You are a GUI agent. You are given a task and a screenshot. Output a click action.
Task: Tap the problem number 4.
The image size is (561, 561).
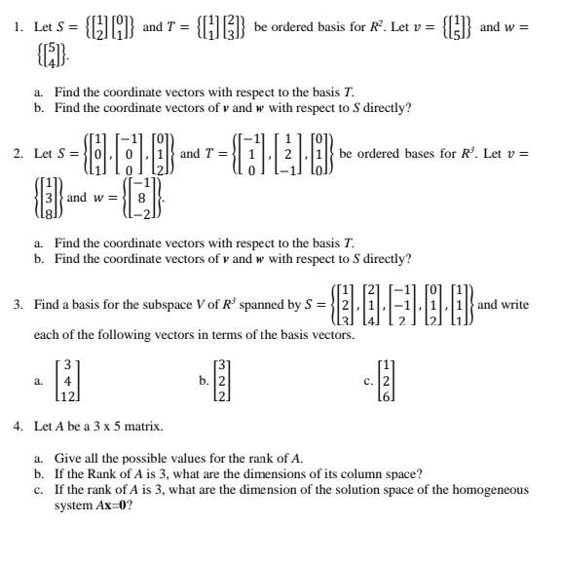pos(18,426)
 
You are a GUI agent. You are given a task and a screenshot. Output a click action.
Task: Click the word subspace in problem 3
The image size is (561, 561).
pos(137,305)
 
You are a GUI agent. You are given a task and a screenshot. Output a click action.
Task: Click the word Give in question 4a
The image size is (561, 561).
pos(67,458)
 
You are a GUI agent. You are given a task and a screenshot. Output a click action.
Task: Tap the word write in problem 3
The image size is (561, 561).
pos(515,305)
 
